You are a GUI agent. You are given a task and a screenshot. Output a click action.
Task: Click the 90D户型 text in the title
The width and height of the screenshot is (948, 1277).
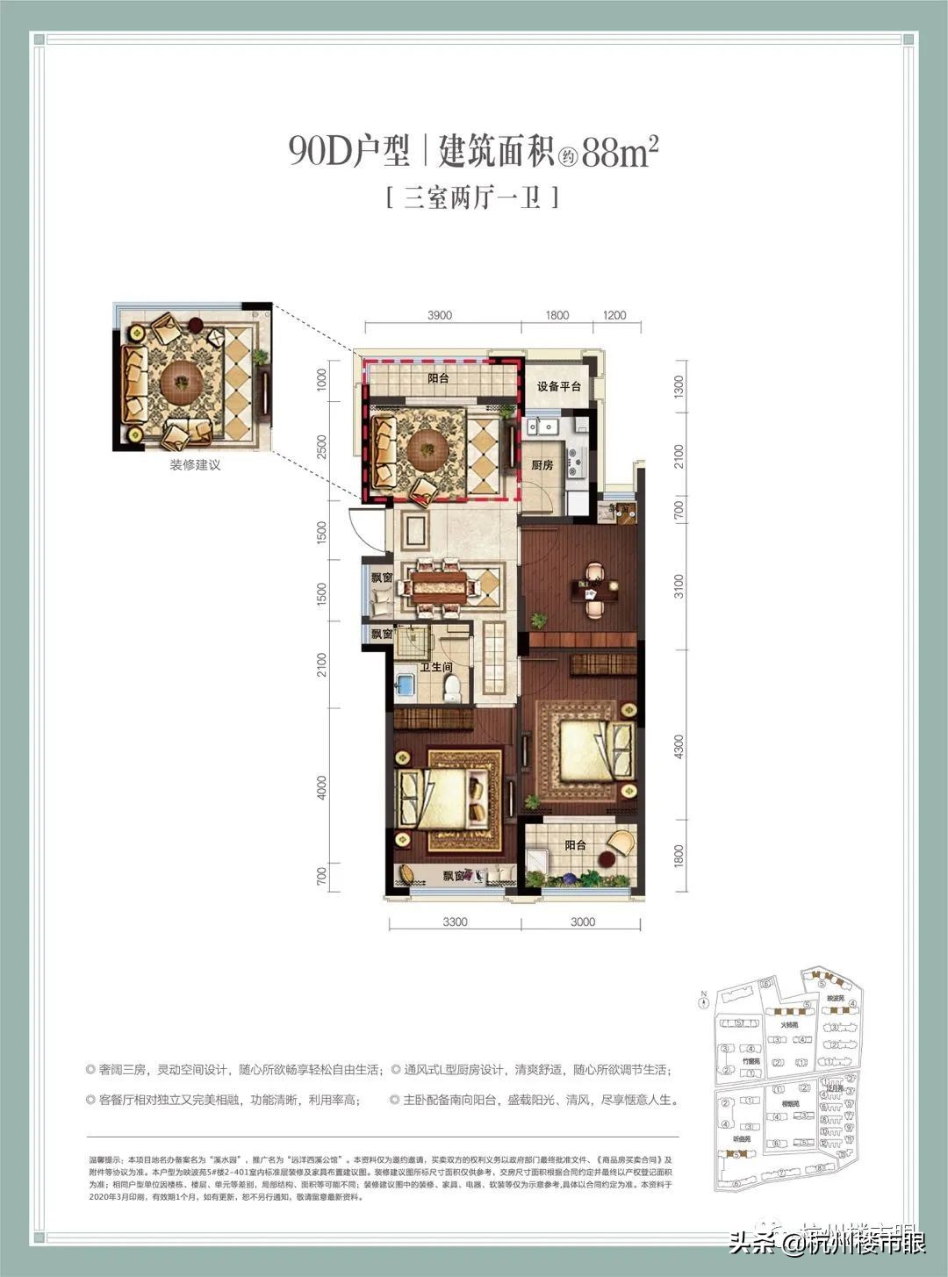[x=349, y=152]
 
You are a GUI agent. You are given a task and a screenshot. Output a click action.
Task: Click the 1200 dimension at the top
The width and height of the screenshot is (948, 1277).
[x=614, y=315]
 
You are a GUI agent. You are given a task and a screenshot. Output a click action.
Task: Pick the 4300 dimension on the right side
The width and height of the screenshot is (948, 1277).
[x=678, y=746]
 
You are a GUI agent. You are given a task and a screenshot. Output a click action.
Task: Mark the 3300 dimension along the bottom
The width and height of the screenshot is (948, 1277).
[x=455, y=922]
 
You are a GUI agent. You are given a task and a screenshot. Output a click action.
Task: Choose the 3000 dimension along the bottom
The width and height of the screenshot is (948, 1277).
[x=582, y=922]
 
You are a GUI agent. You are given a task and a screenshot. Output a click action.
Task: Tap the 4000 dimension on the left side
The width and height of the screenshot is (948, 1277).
[x=321, y=787]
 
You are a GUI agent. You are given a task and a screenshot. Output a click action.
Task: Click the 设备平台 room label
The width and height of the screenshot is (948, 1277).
[x=559, y=386]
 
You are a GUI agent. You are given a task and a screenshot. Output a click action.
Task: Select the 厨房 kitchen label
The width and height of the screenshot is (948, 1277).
[x=542, y=465]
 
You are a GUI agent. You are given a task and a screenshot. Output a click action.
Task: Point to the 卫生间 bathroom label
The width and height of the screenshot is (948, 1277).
[x=435, y=667]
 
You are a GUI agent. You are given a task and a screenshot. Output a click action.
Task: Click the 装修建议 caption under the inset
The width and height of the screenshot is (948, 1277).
[x=195, y=465]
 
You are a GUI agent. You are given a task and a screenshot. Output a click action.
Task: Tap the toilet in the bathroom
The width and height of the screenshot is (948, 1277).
[x=452, y=687]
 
